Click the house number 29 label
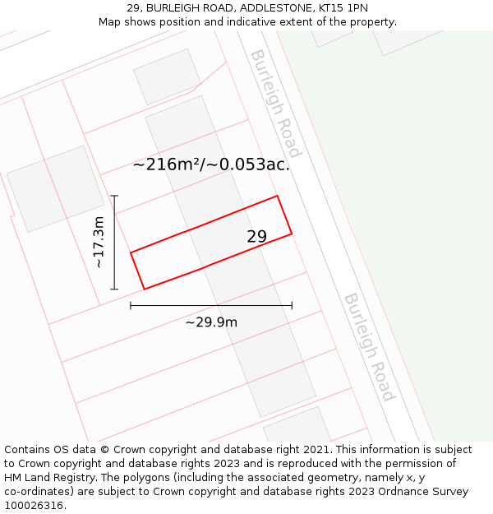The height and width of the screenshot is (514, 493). pyautogui.click(x=257, y=237)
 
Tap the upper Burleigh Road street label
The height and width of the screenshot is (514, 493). pyautogui.click(x=276, y=103)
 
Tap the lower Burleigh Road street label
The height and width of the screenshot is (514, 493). pyautogui.click(x=369, y=347)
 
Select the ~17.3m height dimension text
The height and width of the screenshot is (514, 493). pyautogui.click(x=99, y=243)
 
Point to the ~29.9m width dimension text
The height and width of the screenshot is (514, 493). pyautogui.click(x=211, y=322)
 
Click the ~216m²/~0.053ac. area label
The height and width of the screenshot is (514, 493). pyautogui.click(x=211, y=164)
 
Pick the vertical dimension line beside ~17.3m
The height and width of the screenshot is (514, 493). pyautogui.click(x=114, y=243)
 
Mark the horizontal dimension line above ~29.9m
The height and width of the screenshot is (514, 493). pyautogui.click(x=211, y=306)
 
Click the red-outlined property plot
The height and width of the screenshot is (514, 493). pyautogui.click(x=211, y=243)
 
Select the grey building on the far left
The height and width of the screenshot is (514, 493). pyautogui.click(x=55, y=188)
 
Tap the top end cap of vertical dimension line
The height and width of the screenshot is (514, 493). pyautogui.click(x=114, y=196)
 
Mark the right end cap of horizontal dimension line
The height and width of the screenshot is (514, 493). pyautogui.click(x=292, y=306)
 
